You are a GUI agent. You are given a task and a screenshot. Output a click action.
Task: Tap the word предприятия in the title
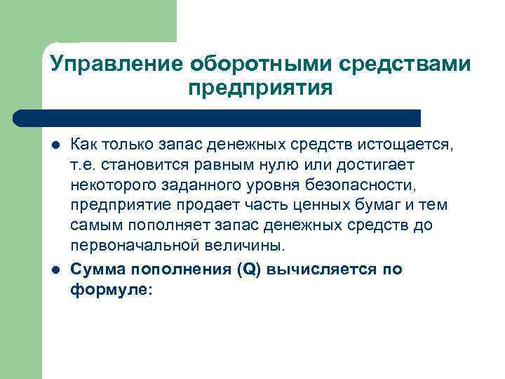pos(260,89)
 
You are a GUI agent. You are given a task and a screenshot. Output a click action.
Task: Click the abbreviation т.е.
pos(86,164)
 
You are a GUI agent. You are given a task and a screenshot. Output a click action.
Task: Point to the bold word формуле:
pos(111,288)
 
